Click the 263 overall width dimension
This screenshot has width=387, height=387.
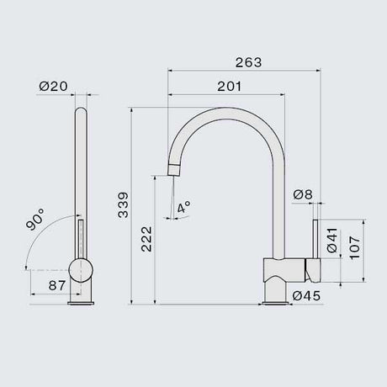click(248, 62)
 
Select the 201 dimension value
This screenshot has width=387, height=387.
click(229, 87)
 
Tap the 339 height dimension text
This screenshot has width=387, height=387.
click(123, 205)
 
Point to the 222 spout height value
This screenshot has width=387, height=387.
click(146, 239)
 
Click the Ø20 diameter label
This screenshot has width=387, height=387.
click(53, 86)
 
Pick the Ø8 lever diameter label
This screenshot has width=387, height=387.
click(303, 194)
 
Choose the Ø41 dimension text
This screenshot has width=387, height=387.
click(332, 241)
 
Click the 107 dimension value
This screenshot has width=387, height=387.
click(355, 248)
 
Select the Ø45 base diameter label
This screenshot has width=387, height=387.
click(306, 295)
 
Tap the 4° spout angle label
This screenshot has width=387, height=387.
click(184, 207)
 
